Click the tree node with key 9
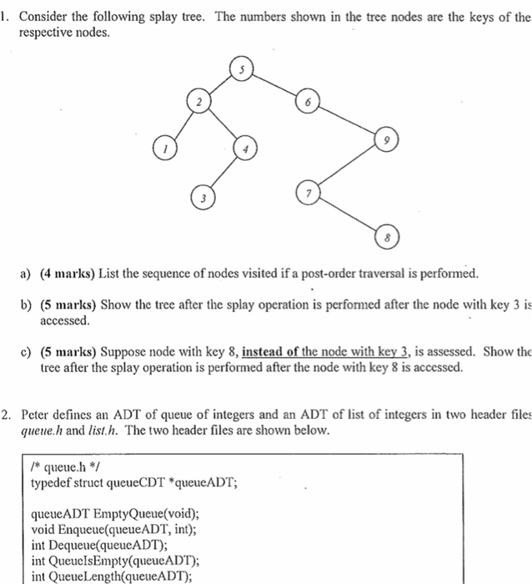[x=386, y=140]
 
